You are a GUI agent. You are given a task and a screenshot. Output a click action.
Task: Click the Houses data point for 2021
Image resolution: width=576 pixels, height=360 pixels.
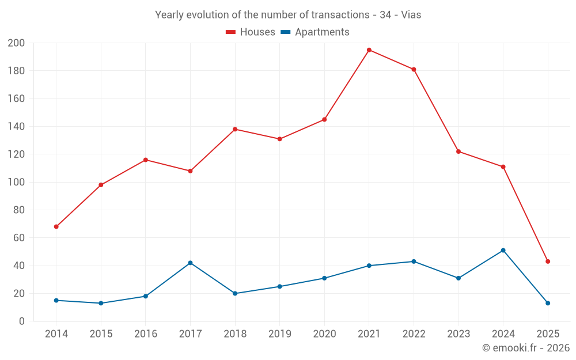[x=369, y=50]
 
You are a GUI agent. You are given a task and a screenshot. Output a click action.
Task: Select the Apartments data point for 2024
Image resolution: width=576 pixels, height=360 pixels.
[x=503, y=251]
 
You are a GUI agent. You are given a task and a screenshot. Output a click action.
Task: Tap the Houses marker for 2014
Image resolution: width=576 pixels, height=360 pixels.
[x=56, y=227]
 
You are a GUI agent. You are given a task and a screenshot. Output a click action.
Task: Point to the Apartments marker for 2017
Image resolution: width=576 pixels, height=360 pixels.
[x=190, y=263]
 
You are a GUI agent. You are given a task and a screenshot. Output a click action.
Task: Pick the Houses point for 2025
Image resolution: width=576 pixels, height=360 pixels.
[x=548, y=262]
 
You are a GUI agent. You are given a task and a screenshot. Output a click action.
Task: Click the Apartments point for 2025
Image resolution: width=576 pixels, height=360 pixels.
[x=548, y=303]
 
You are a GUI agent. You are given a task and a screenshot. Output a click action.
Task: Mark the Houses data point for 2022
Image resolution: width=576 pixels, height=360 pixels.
[x=414, y=70]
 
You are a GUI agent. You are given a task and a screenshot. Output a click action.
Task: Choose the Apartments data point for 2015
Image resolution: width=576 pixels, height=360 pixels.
[x=101, y=303]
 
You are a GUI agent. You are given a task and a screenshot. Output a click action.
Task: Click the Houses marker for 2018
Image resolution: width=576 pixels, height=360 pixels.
[x=235, y=129]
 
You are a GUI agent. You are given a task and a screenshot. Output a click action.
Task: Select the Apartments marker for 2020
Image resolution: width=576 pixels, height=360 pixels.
[x=324, y=278]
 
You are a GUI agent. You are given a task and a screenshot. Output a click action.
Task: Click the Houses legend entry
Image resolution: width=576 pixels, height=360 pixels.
[x=251, y=32]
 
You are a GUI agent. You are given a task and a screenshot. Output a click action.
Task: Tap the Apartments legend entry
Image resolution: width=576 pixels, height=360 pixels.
[x=315, y=32]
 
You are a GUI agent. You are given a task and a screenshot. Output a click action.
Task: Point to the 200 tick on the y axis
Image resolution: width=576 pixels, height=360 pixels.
[x=16, y=43]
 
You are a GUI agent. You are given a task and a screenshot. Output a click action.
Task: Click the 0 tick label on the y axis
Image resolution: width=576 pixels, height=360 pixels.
[x=22, y=321]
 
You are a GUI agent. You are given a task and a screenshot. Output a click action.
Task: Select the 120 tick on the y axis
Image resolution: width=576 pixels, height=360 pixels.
[x=16, y=154]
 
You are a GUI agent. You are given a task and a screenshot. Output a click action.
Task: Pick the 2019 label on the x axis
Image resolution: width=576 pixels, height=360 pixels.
[x=279, y=334]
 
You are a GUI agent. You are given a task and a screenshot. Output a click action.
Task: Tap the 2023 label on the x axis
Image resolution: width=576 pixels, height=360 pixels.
[x=458, y=334]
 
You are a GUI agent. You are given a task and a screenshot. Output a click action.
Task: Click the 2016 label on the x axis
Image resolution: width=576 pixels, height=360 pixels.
[x=146, y=334]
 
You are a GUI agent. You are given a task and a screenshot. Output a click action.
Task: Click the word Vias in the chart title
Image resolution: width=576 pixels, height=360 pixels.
[x=411, y=15]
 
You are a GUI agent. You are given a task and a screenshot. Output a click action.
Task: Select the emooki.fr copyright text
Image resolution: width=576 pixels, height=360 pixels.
[x=526, y=348]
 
